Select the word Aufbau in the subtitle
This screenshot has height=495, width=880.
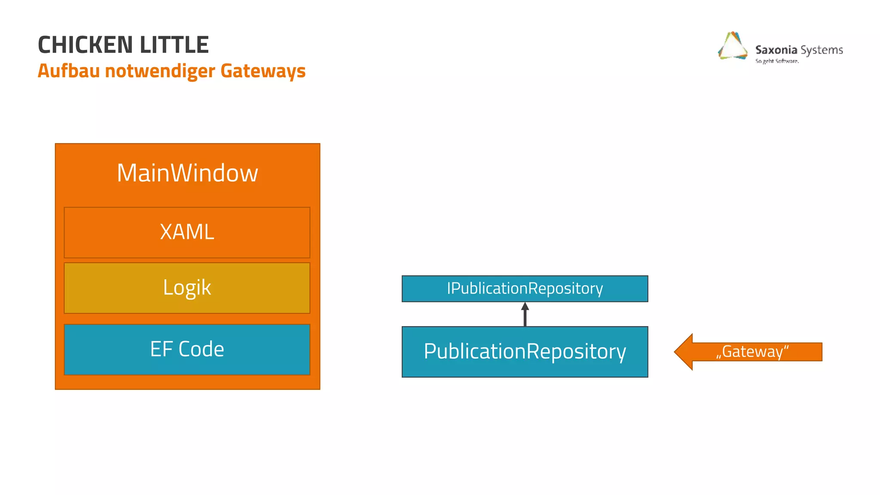click(x=69, y=71)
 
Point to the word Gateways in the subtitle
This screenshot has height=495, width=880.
click(x=263, y=71)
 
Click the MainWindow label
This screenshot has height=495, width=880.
click(x=187, y=173)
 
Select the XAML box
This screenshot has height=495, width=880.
click(x=187, y=232)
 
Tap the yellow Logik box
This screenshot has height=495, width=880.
click(x=187, y=287)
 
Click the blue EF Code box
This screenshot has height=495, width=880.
click(x=187, y=349)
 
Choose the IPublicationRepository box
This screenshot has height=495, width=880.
click(x=525, y=288)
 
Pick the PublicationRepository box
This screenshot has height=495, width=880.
click(x=525, y=351)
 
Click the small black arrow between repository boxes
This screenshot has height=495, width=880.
click(x=525, y=314)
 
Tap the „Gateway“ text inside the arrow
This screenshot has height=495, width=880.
click(x=752, y=352)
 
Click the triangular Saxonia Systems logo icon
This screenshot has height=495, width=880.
click(x=733, y=46)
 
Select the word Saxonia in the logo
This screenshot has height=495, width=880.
click(x=776, y=50)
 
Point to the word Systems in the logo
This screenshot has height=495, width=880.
click(x=822, y=50)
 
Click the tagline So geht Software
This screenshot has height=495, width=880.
click(x=777, y=61)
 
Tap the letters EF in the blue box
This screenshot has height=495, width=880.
click(x=161, y=349)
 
